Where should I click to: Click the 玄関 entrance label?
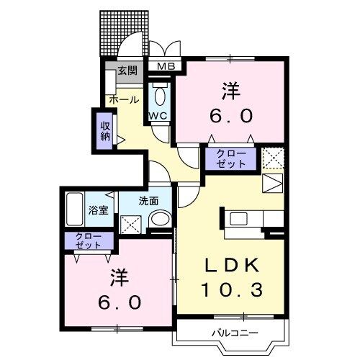[x=127, y=72]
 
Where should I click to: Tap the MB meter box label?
[x=166, y=68]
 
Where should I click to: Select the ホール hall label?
[x=124, y=100]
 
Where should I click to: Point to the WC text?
[x=158, y=116]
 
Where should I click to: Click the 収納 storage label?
[x=105, y=129]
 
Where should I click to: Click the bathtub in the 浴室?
[x=74, y=209]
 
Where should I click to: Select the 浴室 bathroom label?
[x=99, y=212]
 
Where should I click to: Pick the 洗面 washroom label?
[x=149, y=202]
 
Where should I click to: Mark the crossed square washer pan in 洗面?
[x=131, y=224]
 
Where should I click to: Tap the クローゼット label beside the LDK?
[x=225, y=158]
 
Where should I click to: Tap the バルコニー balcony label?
[x=231, y=333]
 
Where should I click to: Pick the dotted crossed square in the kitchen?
[x=272, y=157]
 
